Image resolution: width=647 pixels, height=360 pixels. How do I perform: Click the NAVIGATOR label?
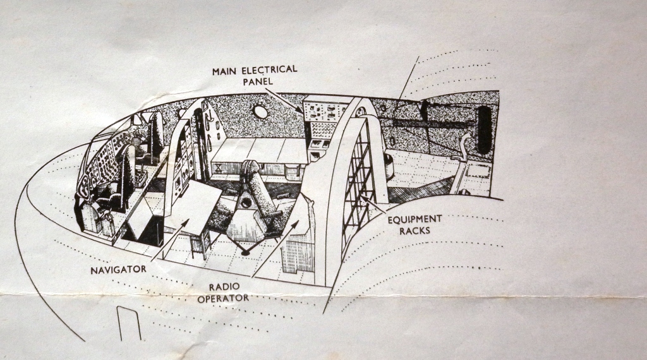[118, 270]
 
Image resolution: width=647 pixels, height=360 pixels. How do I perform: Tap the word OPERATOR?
[222, 297]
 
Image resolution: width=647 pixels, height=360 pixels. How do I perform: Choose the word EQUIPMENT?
[414, 219]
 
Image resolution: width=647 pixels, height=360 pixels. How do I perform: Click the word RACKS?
[414, 231]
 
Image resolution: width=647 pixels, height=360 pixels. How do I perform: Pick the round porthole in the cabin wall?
[260, 112]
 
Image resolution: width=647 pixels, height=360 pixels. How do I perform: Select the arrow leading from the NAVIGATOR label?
[169, 240]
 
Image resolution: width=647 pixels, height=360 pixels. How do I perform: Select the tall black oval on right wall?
[484, 129]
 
